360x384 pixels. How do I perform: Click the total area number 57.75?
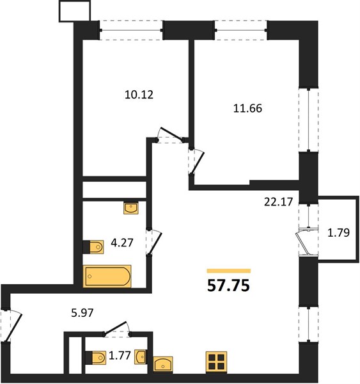point(228,285)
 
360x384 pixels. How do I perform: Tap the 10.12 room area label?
point(139,95)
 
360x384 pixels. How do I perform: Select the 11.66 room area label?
point(247,108)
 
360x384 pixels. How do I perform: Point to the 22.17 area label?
point(279,202)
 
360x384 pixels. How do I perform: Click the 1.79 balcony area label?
point(338,233)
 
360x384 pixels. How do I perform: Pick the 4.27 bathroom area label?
point(122,243)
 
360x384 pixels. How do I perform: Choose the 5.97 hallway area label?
point(82,313)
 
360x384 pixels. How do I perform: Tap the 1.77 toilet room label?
point(120,355)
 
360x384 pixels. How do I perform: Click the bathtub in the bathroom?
point(107,276)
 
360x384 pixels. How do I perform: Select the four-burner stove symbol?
point(216,362)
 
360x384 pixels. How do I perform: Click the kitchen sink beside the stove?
point(163,364)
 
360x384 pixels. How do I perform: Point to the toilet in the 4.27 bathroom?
point(93,247)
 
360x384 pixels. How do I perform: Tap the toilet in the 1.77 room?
point(96,358)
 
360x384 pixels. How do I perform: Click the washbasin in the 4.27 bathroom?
point(131,209)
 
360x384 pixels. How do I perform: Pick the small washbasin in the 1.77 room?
point(141,357)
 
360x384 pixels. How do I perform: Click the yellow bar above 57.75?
point(229,271)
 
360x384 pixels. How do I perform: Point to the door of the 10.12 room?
point(171,134)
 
